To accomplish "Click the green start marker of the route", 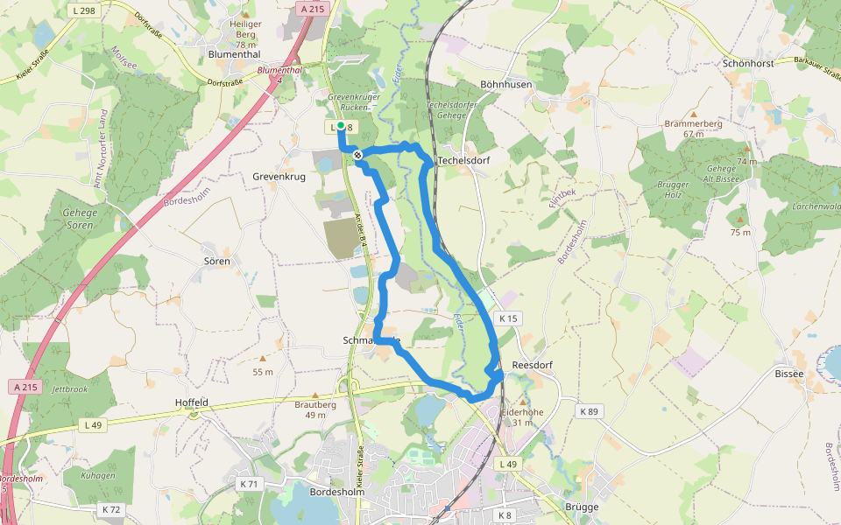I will tap(341, 127).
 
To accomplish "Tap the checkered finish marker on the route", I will tap(357, 155).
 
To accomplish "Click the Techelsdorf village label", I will tap(463, 161).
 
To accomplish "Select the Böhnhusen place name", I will tap(506, 84).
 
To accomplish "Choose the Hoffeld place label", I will tap(192, 402).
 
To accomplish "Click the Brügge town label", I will tap(582, 507).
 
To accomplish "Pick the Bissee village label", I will tap(788, 374).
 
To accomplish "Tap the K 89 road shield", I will tap(589, 410).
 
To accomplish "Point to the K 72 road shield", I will tap(111, 508).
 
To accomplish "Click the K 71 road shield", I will tap(250, 483).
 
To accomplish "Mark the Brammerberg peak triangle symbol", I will tap(694, 115).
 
